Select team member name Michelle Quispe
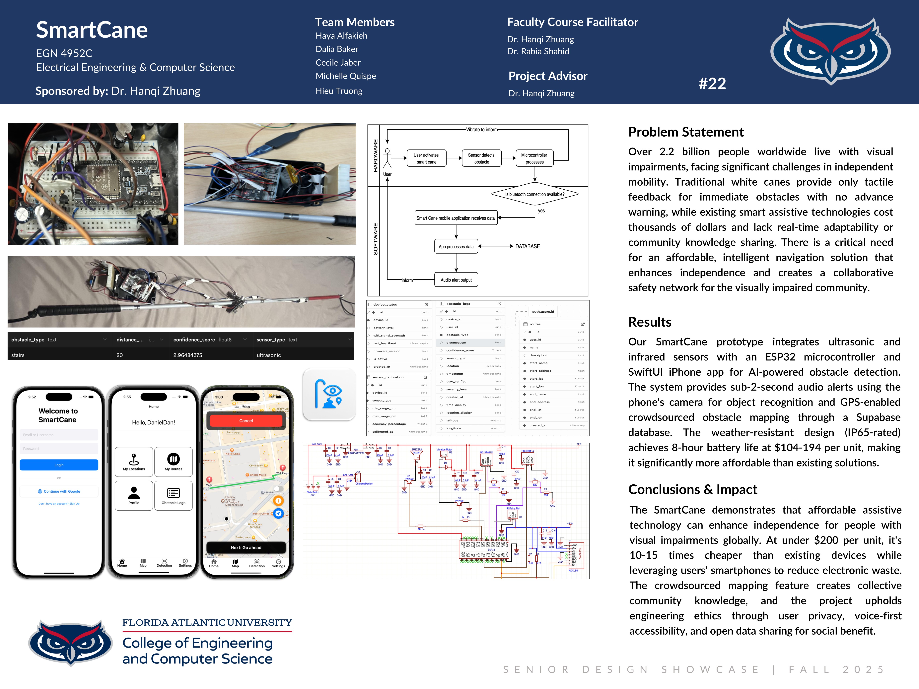click(x=346, y=76)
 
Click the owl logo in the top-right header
click(x=830, y=51)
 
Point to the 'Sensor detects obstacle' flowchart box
click(x=481, y=158)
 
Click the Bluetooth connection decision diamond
click(x=535, y=194)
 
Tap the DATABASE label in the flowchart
click(x=528, y=246)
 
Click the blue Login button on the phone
click(x=59, y=465)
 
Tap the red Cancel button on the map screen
click(x=246, y=421)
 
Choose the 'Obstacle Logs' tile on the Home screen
click(x=173, y=495)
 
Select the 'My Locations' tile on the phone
click(x=134, y=461)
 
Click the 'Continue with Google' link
click(x=59, y=491)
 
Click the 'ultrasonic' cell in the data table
click(x=269, y=355)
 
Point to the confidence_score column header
click(x=194, y=340)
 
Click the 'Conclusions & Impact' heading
click(x=693, y=490)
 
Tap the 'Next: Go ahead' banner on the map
click(x=246, y=547)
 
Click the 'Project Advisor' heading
click(x=548, y=76)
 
